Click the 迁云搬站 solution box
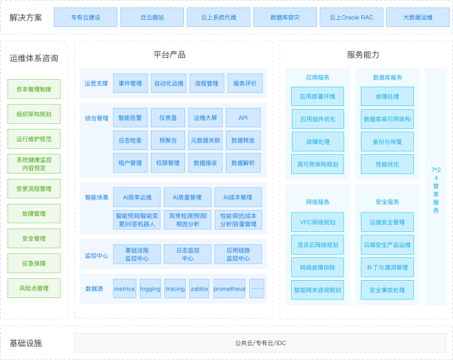point(152,17)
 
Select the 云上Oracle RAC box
point(351,17)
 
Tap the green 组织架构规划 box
point(34,114)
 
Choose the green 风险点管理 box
point(34,288)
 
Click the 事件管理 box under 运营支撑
point(130,83)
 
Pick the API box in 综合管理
point(243,118)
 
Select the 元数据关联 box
point(205,140)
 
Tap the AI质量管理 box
point(187,198)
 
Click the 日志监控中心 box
point(187,254)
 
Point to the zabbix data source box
point(200,288)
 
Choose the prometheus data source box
point(229,288)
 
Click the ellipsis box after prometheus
point(257,288)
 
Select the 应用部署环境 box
point(317,96)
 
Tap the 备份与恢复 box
point(387,142)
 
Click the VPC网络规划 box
point(317,222)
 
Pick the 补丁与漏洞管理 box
point(387,267)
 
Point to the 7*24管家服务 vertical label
point(436,190)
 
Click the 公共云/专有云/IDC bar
point(261,343)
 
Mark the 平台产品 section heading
point(169,54)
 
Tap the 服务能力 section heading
point(363,54)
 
